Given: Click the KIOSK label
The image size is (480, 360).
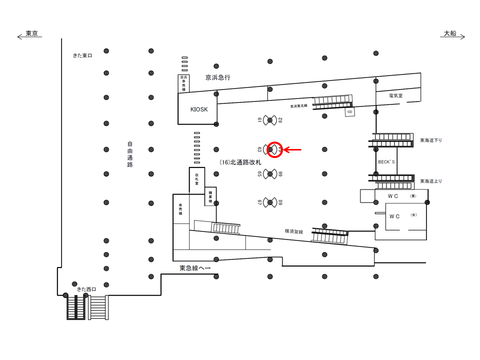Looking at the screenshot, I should pyautogui.click(x=199, y=109).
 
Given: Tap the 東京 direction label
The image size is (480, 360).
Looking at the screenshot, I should pyautogui.click(x=31, y=34).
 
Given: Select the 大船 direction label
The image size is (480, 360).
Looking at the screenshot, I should pyautogui.click(x=450, y=34).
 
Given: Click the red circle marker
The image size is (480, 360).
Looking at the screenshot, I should pyautogui.click(x=275, y=149).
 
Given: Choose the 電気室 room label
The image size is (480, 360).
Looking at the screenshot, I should pyautogui.click(x=395, y=95).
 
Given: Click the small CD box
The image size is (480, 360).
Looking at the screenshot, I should pyautogui.click(x=350, y=112).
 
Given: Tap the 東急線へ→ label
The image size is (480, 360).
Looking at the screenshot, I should pyautogui.click(x=195, y=268).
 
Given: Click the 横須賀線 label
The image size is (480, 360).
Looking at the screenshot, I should pyautogui.click(x=294, y=230).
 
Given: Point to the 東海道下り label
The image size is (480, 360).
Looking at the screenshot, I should pyautogui.click(x=431, y=140).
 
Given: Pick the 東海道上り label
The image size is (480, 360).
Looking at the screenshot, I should pyautogui.click(x=431, y=181).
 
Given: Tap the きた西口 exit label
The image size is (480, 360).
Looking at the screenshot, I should pyautogui.click(x=86, y=289).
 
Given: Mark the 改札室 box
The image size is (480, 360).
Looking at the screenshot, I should pyautogui.click(x=197, y=179).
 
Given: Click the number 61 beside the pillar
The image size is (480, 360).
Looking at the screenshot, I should pyautogui.click(x=260, y=119).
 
